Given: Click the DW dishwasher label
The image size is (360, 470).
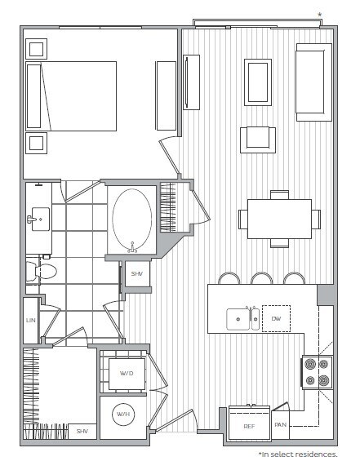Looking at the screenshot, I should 276,319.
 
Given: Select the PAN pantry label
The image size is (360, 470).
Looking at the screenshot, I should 280,425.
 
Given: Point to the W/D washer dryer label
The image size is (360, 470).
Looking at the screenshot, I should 127,375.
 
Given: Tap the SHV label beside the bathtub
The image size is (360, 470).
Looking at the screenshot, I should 136,275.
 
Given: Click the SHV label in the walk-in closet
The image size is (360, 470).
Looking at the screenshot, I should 82,431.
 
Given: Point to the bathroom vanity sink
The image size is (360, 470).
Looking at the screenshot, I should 38,219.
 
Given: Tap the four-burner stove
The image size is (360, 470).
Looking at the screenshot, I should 315,371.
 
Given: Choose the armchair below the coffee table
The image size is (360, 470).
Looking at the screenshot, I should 257,139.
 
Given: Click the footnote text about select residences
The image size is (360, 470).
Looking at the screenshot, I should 297,454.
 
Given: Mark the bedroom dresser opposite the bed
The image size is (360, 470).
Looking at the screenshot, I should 167,95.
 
